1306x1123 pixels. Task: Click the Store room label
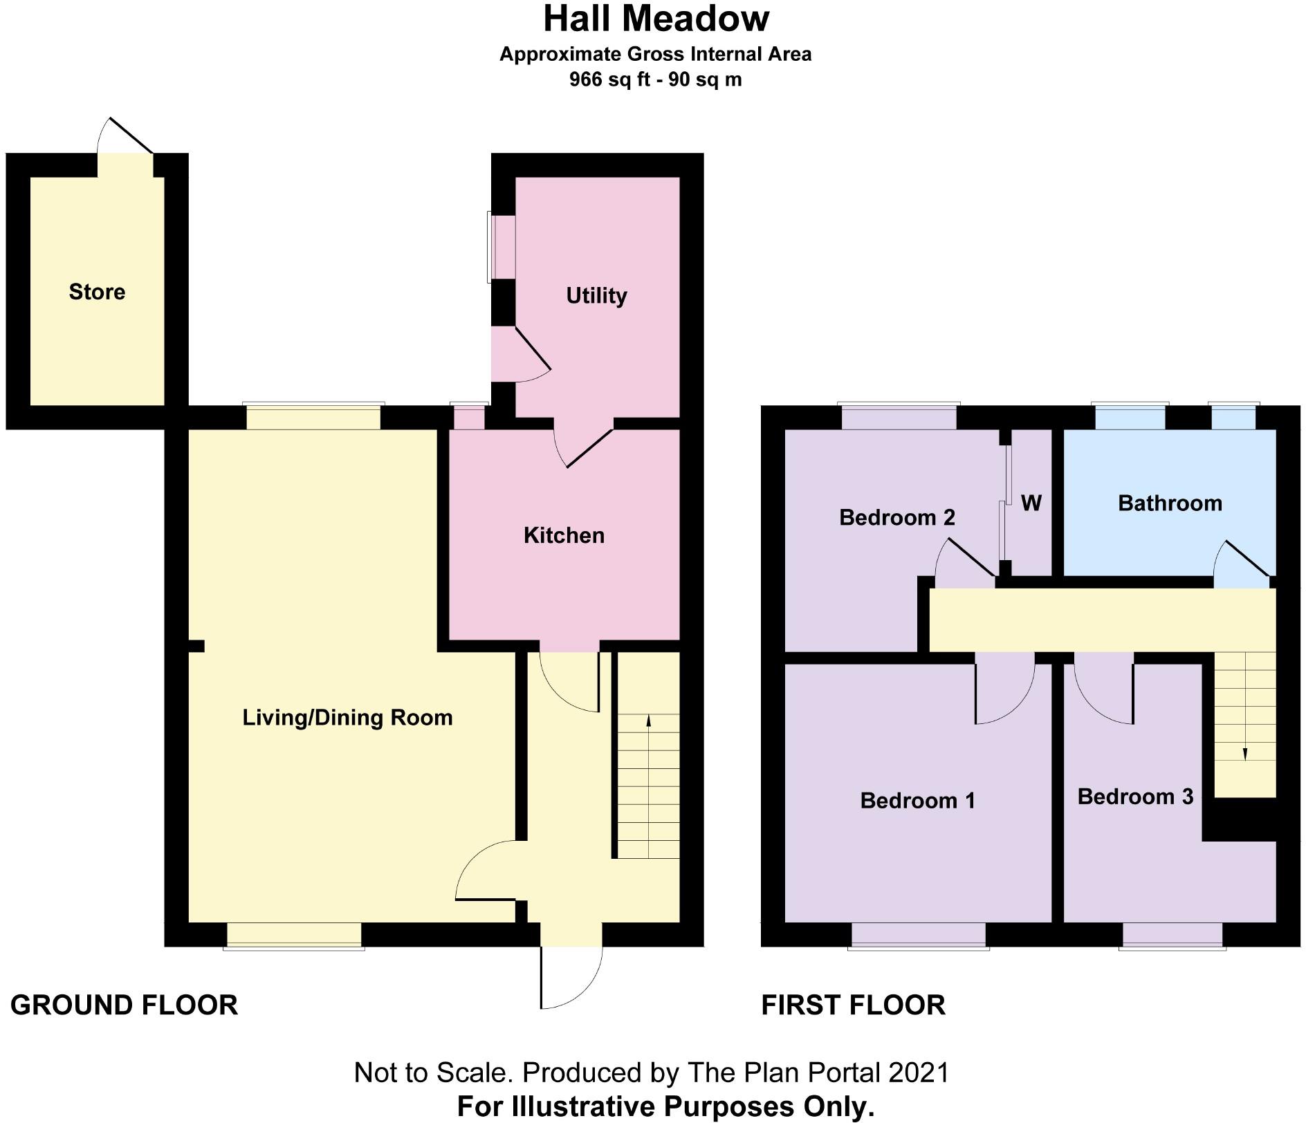tap(97, 292)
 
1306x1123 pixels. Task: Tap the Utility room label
tap(596, 296)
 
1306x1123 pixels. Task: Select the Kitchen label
tap(564, 535)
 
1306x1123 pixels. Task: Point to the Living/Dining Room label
tap(347, 718)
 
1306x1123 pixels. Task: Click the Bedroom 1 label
tap(917, 800)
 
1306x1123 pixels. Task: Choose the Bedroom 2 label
tap(896, 517)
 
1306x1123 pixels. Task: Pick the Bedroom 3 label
tap(1135, 797)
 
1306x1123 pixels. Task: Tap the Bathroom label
tap(1170, 503)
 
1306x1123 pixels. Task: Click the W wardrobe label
tap(1031, 503)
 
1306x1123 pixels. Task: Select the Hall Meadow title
tap(656, 19)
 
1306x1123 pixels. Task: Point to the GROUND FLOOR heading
tap(124, 1005)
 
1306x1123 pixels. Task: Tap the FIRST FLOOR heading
tap(853, 1005)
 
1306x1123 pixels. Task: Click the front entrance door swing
tap(571, 977)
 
